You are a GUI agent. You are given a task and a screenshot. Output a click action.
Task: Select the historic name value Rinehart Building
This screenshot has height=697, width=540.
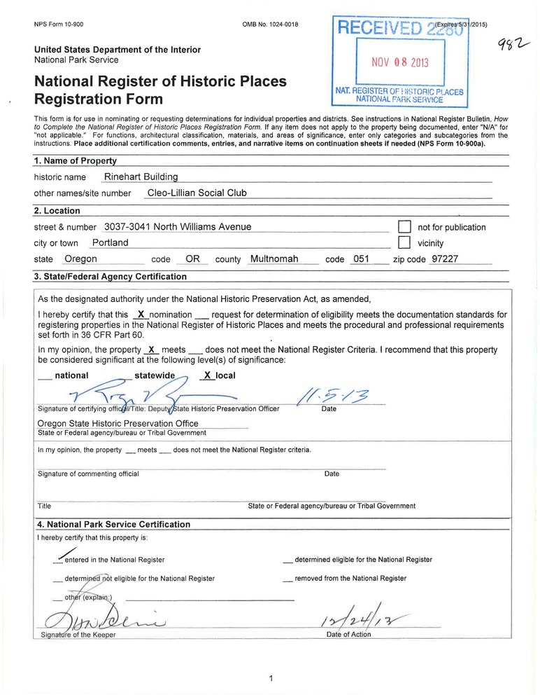[141, 177]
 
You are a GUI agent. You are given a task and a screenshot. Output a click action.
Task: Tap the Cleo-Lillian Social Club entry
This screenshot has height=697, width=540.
[197, 193]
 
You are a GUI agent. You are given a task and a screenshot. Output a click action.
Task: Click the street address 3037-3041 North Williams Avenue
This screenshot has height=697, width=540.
[177, 227]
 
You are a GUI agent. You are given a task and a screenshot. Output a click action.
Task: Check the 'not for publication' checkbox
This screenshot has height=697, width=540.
[403, 227]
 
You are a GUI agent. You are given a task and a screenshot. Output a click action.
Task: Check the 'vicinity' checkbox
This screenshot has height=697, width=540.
[403, 243]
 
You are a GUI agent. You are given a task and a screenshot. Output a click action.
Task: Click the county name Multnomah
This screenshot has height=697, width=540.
[274, 259]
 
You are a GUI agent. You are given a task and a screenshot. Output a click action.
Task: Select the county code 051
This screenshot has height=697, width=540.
[361, 259]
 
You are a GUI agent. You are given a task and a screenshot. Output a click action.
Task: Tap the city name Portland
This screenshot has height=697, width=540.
[111, 243]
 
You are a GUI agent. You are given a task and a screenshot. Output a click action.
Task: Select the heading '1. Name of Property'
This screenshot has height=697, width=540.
[76, 161]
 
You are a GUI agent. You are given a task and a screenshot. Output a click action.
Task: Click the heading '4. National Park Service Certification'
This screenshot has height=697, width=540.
[113, 524]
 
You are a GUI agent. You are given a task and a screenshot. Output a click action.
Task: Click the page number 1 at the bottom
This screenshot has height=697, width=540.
[270, 678]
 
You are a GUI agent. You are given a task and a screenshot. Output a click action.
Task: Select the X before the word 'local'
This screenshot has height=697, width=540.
[207, 375]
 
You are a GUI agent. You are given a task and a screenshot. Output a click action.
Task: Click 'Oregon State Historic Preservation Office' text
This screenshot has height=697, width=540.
[118, 423]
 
